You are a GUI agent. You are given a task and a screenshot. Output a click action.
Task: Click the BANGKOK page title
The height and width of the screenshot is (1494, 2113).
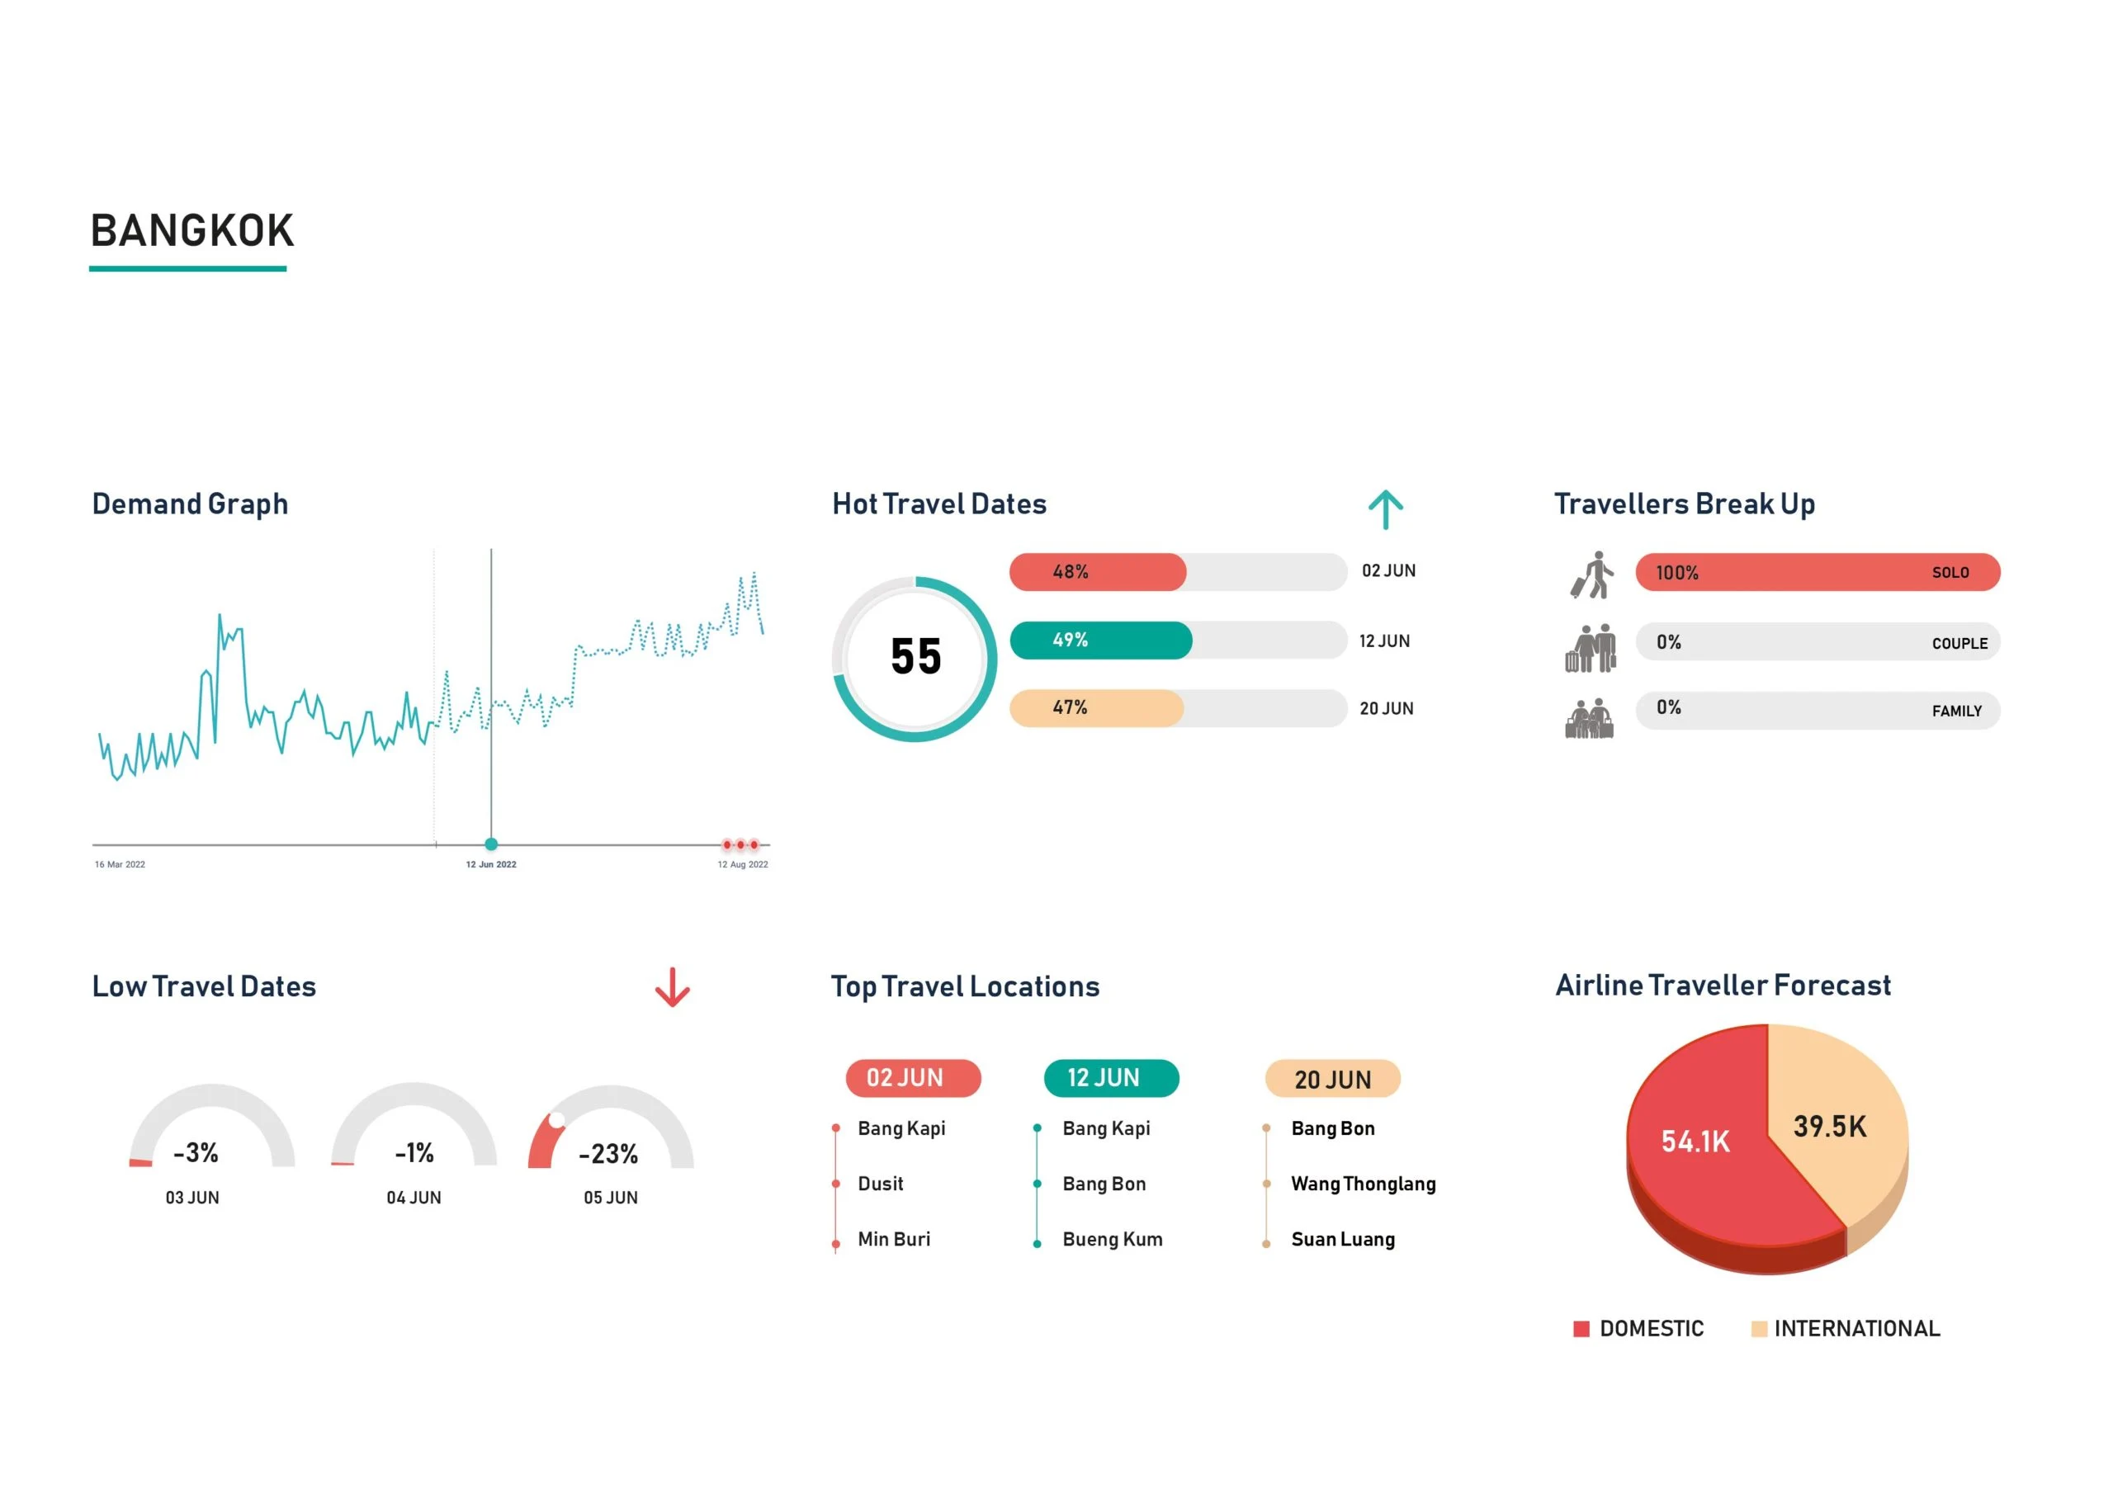[x=191, y=231]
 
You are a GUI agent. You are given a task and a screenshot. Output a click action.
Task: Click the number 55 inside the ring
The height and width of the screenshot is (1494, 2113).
[x=915, y=657]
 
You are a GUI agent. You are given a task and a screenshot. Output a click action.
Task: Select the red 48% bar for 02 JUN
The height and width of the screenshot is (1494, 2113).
[x=1097, y=573]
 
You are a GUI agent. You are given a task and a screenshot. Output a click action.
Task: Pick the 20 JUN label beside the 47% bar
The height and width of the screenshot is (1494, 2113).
[x=1386, y=709]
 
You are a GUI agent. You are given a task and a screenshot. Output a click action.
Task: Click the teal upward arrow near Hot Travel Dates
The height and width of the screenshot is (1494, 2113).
[x=1385, y=509]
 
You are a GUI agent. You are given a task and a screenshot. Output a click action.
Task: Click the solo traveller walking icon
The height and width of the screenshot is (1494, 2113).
[x=1593, y=575]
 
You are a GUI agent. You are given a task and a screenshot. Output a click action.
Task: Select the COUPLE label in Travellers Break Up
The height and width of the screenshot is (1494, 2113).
[x=1959, y=644]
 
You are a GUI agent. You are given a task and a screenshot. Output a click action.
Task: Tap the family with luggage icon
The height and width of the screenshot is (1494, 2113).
[x=1590, y=719]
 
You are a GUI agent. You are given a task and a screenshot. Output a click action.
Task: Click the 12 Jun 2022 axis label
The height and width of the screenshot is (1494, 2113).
[x=490, y=864]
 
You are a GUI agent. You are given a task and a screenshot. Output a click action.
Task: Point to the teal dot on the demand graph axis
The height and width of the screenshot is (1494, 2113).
[x=491, y=844]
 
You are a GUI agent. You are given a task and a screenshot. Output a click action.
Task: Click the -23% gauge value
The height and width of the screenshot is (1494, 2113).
[x=608, y=1153]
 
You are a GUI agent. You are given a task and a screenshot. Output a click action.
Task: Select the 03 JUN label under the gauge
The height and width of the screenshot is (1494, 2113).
[x=192, y=1198]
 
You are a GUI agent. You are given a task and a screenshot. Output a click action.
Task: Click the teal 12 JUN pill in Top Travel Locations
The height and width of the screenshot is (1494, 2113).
[x=1111, y=1078]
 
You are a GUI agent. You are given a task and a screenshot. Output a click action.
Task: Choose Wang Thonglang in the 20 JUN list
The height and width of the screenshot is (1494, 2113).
[x=1363, y=1184]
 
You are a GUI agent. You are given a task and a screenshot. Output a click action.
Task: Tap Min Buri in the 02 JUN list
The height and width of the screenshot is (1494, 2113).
[x=894, y=1239]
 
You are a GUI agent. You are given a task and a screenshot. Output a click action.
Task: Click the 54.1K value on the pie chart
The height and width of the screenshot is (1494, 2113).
[x=1695, y=1142]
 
